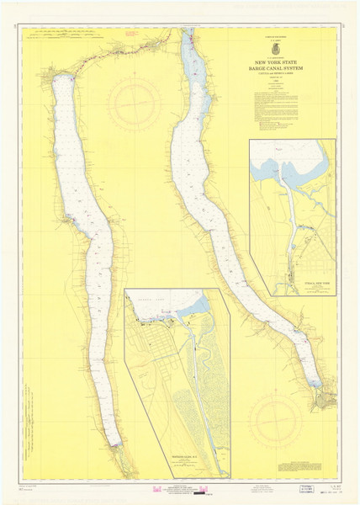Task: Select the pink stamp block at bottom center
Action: (x=180, y=491)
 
